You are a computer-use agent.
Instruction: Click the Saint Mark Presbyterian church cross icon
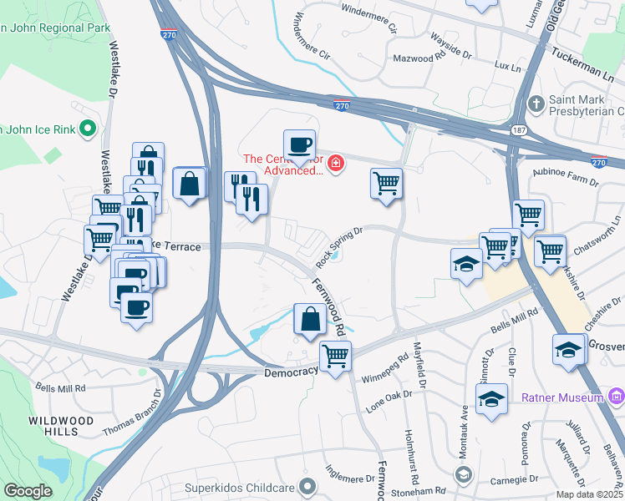coord(536,104)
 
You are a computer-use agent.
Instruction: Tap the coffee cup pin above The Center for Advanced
coord(299,144)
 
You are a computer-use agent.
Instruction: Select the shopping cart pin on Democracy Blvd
coord(335,357)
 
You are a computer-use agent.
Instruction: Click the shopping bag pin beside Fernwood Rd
coord(309,319)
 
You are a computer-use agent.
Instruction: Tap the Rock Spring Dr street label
coord(339,247)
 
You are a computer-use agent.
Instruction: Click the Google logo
coord(28,491)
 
